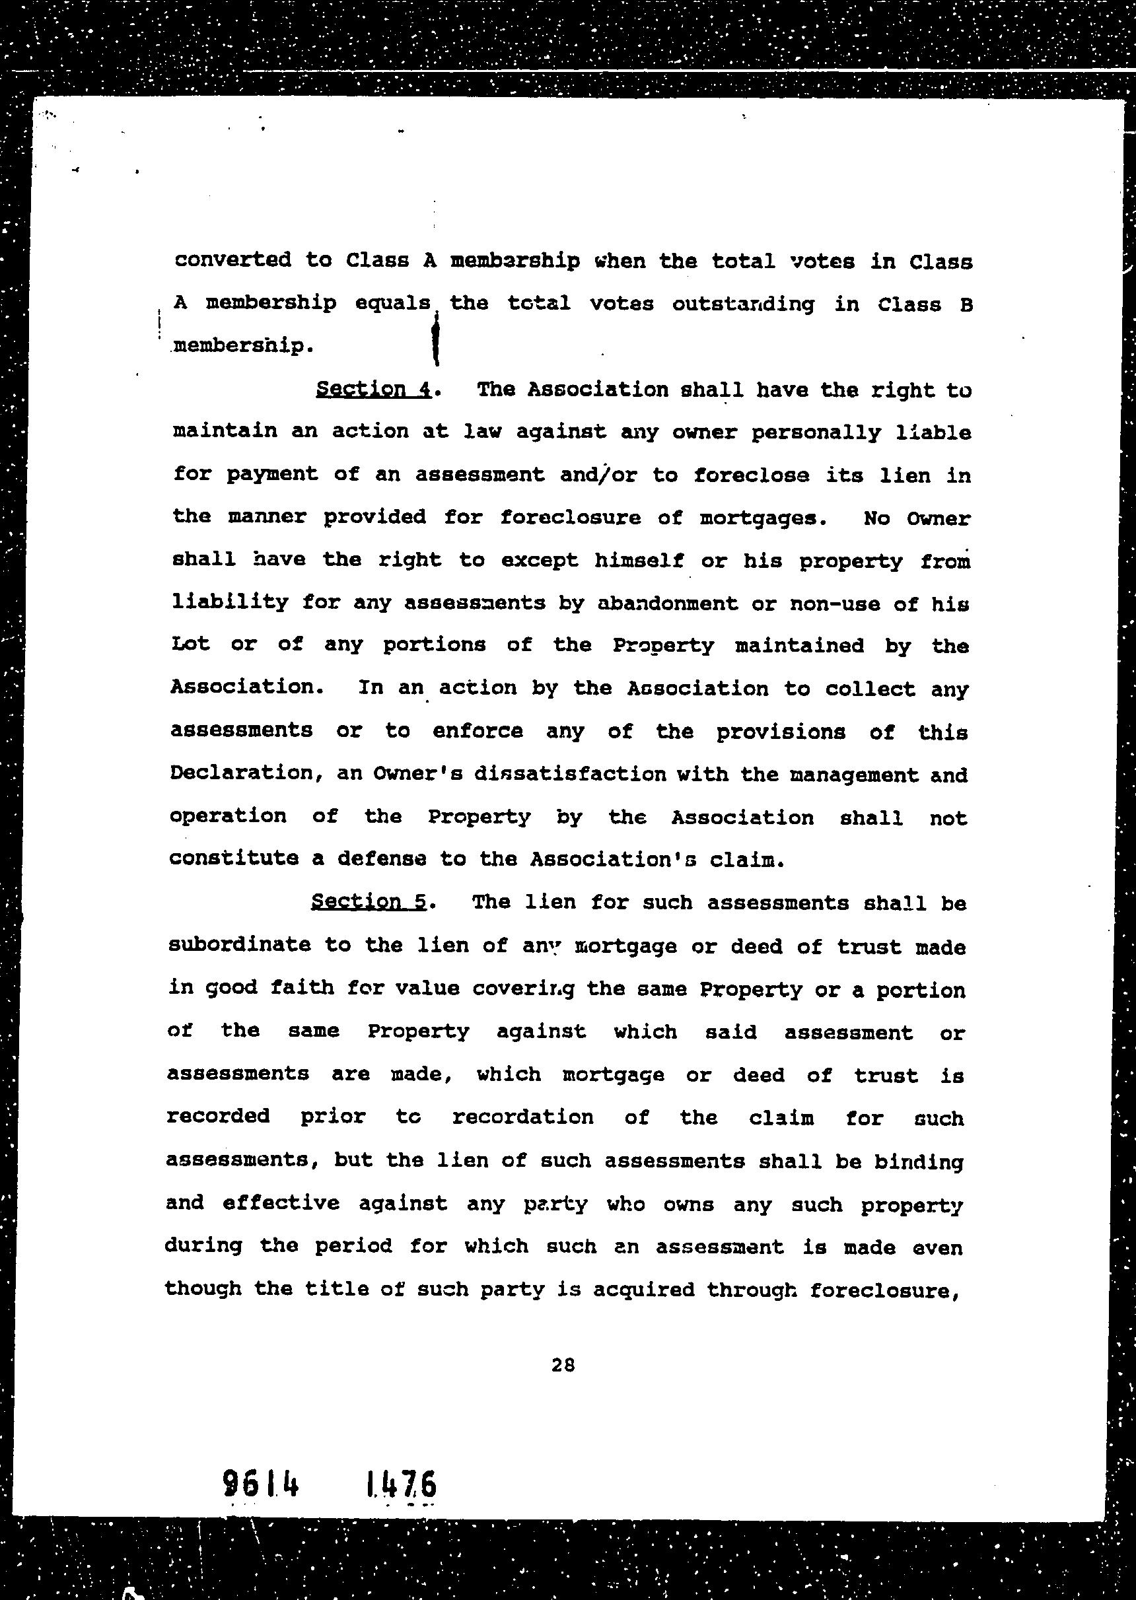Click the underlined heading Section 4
(374, 389)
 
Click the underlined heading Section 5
(369, 901)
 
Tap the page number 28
(563, 1364)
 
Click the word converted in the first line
(232, 260)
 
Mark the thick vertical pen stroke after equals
(436, 340)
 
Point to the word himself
(639, 561)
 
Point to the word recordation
(522, 1117)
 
